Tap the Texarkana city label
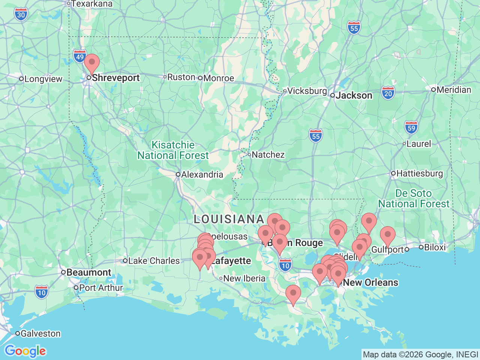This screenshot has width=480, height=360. pyautogui.click(x=91, y=4)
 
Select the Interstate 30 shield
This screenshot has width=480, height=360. pyautogui.click(x=21, y=15)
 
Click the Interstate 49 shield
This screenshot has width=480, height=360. pyautogui.click(x=79, y=57)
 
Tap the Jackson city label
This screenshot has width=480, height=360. pyautogui.click(x=354, y=95)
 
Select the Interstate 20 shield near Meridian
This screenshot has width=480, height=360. pyautogui.click(x=388, y=93)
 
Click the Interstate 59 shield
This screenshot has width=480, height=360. pyautogui.click(x=411, y=127)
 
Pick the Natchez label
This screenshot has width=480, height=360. pyautogui.click(x=268, y=154)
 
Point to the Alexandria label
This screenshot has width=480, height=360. pyautogui.click(x=202, y=174)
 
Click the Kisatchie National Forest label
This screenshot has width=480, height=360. pyautogui.click(x=173, y=150)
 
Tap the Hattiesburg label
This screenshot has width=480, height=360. pyautogui.click(x=419, y=173)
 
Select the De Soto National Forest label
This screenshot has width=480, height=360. pyautogui.click(x=413, y=198)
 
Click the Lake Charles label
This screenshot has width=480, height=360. pyautogui.click(x=154, y=261)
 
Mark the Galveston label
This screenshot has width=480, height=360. pyautogui.click(x=40, y=333)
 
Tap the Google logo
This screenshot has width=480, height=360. pyautogui.click(x=25, y=351)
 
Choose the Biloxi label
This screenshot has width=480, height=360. pyautogui.click(x=435, y=247)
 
